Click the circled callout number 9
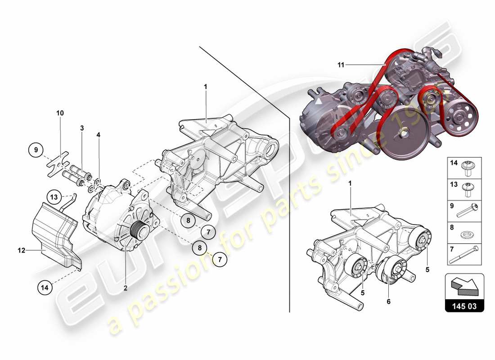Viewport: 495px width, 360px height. pos(36,150)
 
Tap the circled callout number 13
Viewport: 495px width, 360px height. pos(54,197)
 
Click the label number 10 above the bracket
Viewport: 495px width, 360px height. pos(60,113)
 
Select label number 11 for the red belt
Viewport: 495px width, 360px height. pos(341,65)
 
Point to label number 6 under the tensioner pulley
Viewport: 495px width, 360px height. pos(388,302)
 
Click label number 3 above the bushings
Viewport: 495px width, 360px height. pos(82,128)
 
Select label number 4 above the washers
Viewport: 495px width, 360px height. pos(99,134)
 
